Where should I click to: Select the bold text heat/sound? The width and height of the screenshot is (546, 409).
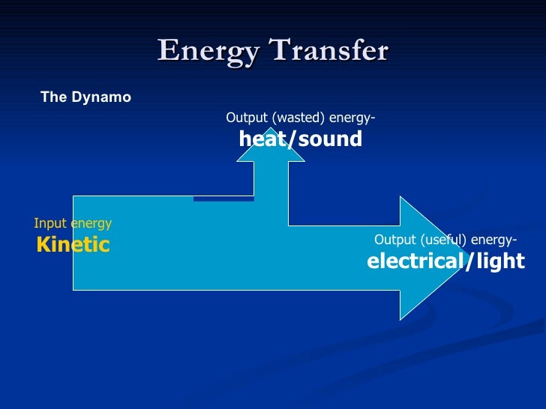coord(300,139)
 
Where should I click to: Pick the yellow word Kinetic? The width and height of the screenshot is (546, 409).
coord(73,244)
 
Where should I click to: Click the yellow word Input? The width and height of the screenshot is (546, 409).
coord(50,223)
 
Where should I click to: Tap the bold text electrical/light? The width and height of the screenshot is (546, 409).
coord(445,261)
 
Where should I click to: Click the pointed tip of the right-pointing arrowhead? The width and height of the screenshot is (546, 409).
coord(463,258)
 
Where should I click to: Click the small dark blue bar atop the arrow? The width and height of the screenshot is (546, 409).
coord(223,199)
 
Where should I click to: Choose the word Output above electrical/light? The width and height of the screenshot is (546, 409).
coord(394,240)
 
